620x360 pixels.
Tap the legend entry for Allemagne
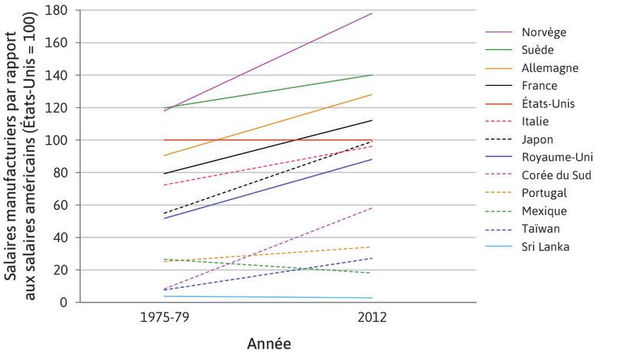point(549,68)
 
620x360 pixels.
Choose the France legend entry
point(539,86)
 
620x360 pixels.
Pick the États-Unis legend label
point(548,103)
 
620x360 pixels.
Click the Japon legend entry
point(537,139)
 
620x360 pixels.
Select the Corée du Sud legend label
point(556,175)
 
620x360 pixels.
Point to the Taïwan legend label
point(540,228)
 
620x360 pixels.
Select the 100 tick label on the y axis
point(57,140)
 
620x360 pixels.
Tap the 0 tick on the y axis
point(64,303)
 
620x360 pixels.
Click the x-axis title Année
point(269,344)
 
